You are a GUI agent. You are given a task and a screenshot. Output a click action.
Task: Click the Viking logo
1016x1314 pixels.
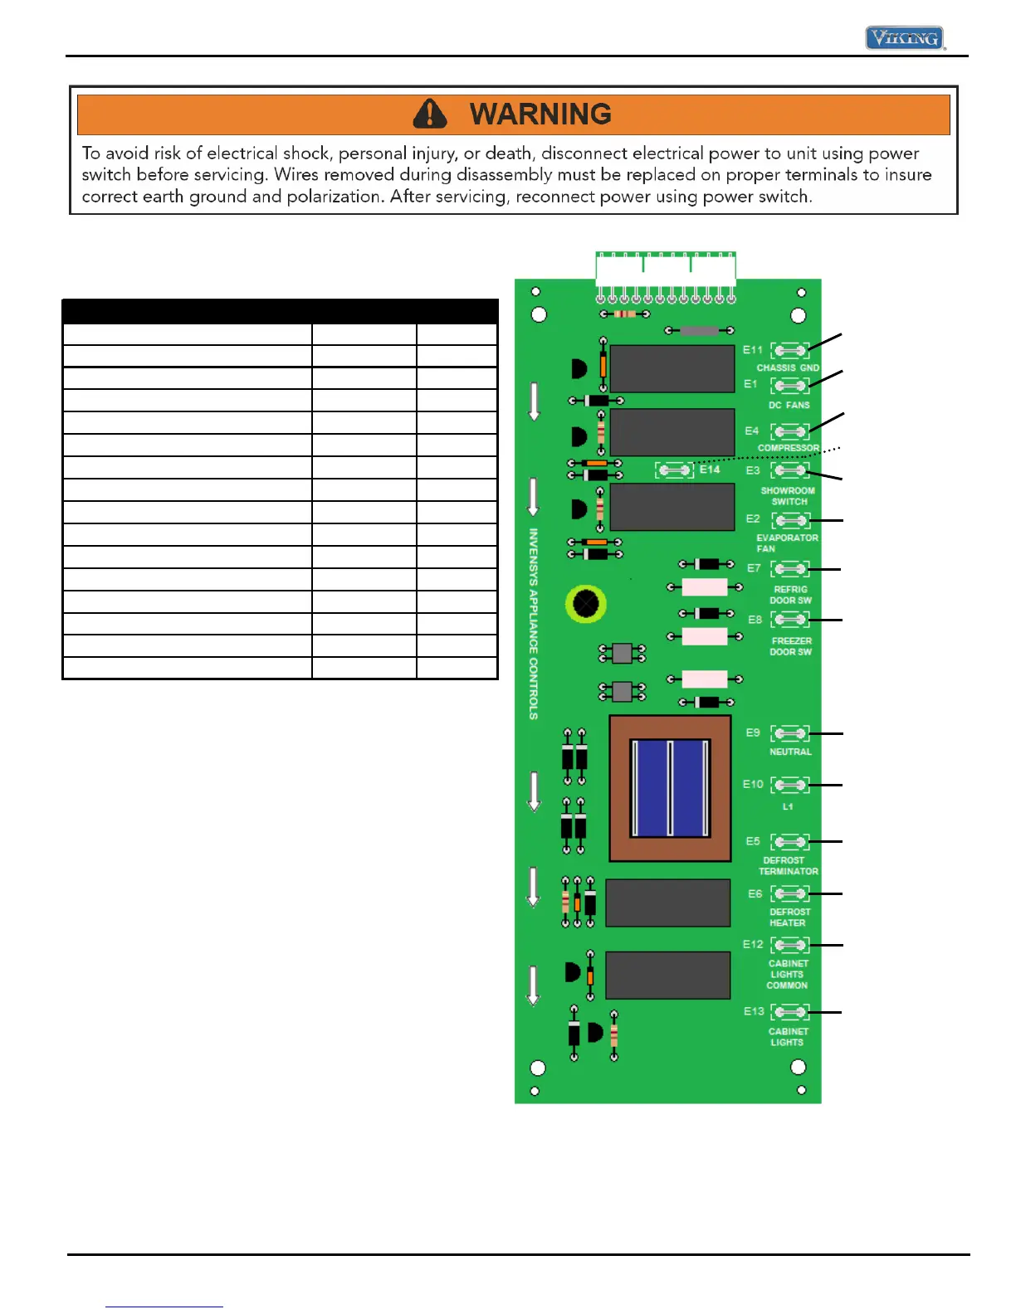[905, 38]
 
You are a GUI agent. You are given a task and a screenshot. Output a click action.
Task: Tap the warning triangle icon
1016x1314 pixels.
[430, 114]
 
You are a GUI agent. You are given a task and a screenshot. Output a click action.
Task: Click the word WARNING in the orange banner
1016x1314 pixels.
[540, 114]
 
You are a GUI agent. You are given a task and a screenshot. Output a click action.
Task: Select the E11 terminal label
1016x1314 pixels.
[753, 350]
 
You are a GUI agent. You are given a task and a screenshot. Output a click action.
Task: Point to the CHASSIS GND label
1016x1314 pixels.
[788, 367]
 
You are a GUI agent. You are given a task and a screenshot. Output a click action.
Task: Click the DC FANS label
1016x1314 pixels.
[789, 405]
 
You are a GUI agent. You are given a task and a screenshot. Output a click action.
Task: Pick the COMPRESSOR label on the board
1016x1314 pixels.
[788, 448]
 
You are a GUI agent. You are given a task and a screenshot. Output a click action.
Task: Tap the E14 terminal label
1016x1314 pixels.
[710, 470]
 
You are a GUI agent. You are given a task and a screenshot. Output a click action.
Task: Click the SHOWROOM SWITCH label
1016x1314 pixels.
[788, 496]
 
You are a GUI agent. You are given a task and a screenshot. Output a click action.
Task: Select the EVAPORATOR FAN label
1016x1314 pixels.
[786, 543]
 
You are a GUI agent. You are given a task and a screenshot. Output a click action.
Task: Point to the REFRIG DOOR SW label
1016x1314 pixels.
[790, 595]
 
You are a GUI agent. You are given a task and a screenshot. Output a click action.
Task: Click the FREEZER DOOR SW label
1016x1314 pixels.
[791, 646]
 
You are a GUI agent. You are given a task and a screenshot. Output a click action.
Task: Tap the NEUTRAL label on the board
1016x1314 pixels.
[790, 752]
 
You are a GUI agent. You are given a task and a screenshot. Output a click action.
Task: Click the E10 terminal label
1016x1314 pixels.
[753, 784]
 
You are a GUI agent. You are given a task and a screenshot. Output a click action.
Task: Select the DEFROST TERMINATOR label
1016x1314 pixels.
[788, 866]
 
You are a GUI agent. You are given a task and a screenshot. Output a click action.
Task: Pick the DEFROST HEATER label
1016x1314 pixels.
[789, 917]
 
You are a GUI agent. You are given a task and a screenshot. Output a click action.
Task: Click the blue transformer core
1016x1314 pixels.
[671, 788]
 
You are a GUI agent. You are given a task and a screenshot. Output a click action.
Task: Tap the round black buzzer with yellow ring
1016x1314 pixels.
[586, 604]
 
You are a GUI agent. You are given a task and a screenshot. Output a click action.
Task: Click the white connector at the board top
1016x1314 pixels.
[666, 270]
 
